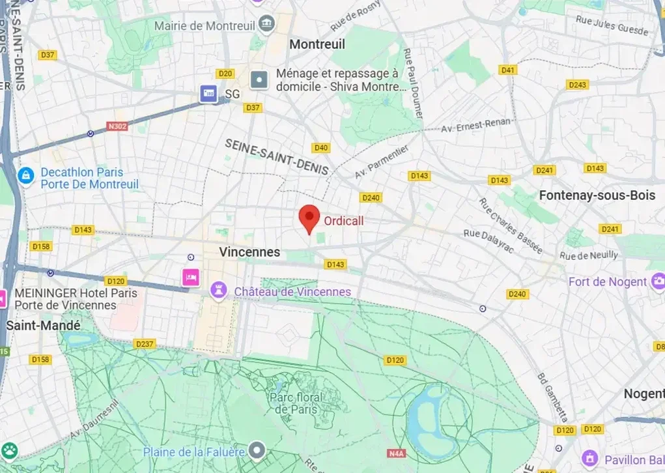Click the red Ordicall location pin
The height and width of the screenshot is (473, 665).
point(308,217)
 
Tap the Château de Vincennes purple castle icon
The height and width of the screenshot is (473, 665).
point(219,291)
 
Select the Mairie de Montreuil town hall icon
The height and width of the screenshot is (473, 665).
point(266,25)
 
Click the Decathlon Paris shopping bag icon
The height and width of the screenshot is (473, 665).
point(26,175)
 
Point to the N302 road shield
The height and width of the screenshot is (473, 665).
point(117,126)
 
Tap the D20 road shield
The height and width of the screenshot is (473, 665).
point(225,74)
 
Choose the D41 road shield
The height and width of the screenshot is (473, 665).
point(507,70)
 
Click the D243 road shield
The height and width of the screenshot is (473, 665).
point(577,85)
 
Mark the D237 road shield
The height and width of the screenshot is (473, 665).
point(144,343)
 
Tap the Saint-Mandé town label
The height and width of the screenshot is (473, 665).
point(43,325)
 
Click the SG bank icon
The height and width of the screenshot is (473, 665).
point(209,94)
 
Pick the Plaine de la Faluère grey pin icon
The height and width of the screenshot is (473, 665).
point(259,450)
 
